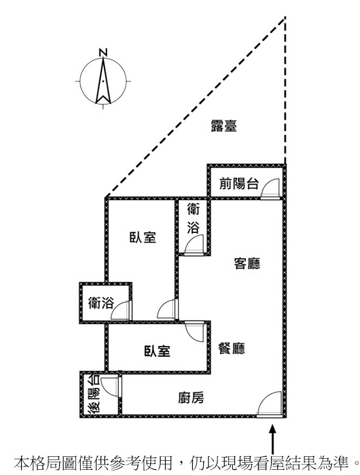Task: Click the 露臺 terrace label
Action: coord(224,126)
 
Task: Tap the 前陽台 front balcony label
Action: coord(239,183)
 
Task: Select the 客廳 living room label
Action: coord(247,263)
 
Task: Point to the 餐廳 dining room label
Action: coord(232,349)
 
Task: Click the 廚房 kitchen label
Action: coord(191,398)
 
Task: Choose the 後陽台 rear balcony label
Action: coord(94,394)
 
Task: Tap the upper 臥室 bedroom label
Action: coord(143,237)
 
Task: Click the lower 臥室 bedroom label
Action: coord(157,351)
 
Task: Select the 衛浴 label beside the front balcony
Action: coord(193,218)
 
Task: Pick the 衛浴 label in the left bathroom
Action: coord(101,303)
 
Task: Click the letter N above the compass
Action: coord(103,52)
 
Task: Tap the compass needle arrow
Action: coord(103,81)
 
